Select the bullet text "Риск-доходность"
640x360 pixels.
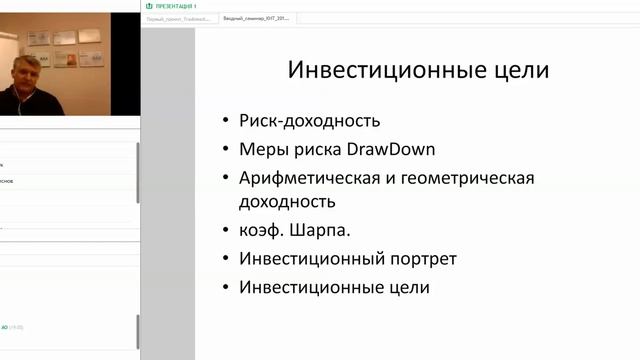310,122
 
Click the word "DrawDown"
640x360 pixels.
393,150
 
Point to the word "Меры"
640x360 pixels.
263,150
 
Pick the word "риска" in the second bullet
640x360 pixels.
319,150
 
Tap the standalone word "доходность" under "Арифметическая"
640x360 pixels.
287,202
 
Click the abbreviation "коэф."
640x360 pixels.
262,231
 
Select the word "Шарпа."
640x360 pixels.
323,231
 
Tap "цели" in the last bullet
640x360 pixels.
408,287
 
